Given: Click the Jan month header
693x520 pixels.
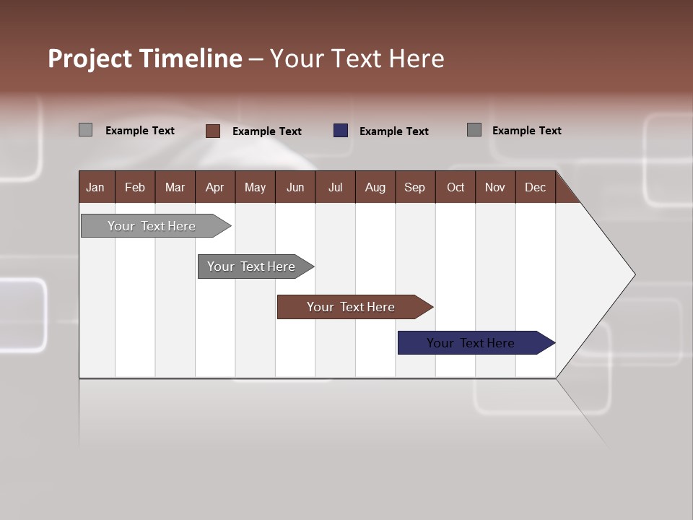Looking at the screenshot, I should (96, 187).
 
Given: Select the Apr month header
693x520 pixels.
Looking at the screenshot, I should (214, 187).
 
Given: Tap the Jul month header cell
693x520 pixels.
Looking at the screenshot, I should (335, 187).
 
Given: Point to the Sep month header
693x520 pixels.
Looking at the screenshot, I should (414, 187).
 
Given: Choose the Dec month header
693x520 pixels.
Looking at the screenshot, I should (535, 187).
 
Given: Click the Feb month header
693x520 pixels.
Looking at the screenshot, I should (135, 187).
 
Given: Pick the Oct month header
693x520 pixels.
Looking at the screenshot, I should (456, 187).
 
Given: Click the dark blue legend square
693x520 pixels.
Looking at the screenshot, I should (341, 131).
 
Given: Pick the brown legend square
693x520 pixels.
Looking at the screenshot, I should (213, 131).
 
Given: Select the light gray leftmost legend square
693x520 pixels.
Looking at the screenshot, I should (86, 130).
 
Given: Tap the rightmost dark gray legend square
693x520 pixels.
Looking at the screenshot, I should (474, 130).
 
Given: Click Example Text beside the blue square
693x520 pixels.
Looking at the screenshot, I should (393, 131).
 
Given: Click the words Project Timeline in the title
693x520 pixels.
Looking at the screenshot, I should (145, 58).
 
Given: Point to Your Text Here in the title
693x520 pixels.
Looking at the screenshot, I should (357, 58).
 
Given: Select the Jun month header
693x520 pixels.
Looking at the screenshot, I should (295, 187).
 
